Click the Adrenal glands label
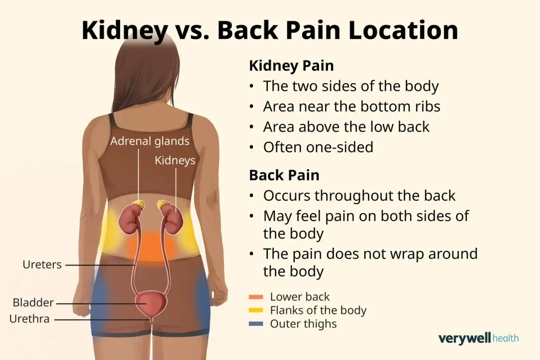[150, 141]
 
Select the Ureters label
[42, 265]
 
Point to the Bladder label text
[33, 303]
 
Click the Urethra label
[30, 319]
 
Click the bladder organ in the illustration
[151, 303]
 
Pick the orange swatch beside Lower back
[256, 297]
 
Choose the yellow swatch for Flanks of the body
[256, 310]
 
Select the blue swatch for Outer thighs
[256, 324]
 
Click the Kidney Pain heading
[292, 66]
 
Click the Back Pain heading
[284, 175]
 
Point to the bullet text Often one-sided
[318, 147]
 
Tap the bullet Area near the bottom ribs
[352, 106]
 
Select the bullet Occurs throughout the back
[359, 195]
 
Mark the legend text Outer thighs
[303, 324]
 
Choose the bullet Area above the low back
[346, 127]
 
